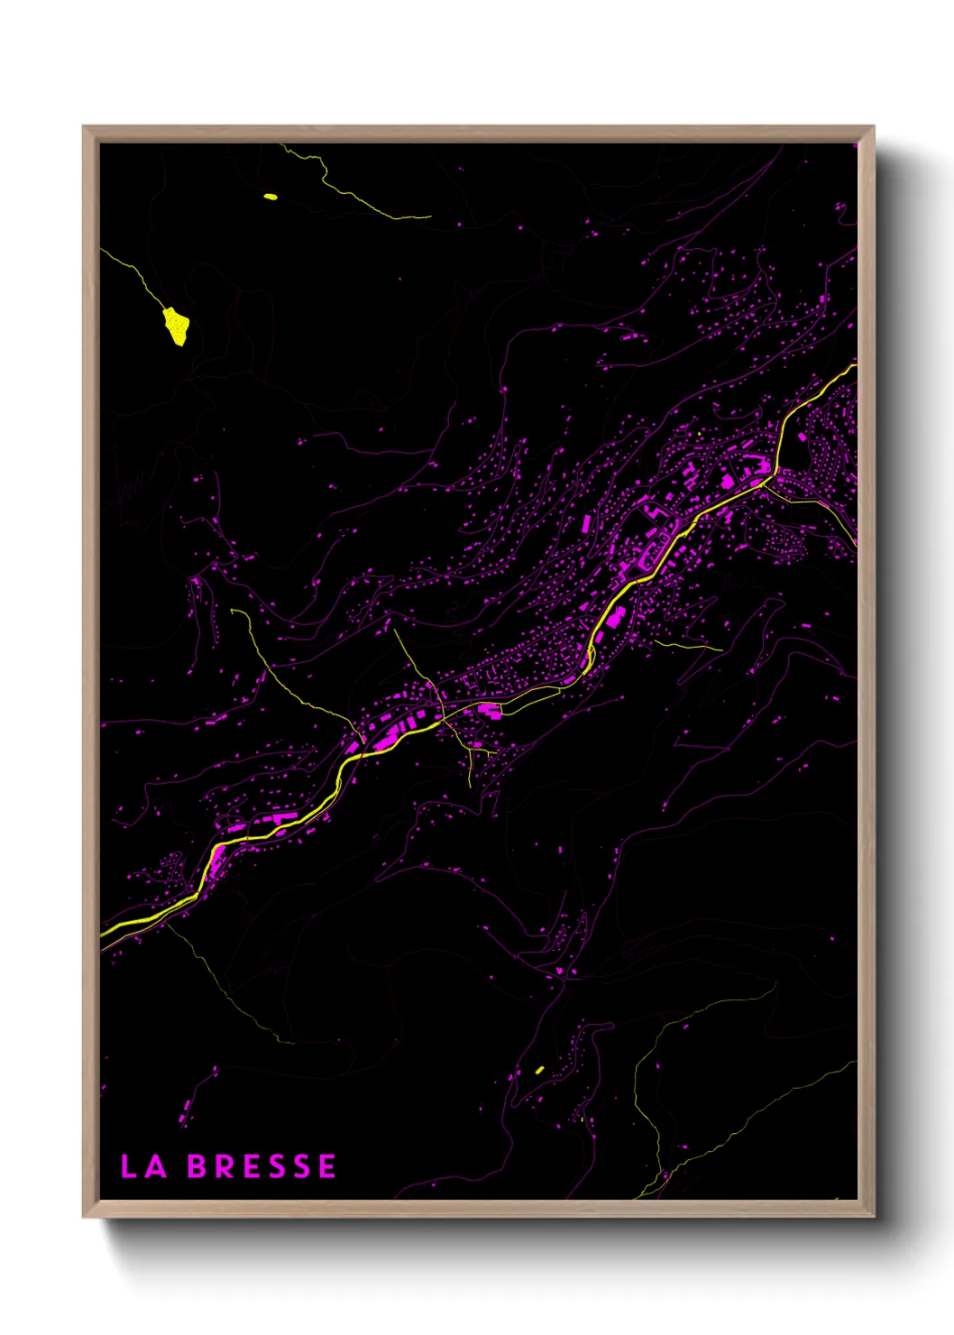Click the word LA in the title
tap(144, 1166)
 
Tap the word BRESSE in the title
tap(261, 1166)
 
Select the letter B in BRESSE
tap(197, 1166)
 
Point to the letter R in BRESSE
tap(225, 1166)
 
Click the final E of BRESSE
tap(327, 1166)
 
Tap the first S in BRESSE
tap(277, 1166)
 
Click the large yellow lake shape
tap(176, 327)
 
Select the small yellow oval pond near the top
tap(270, 196)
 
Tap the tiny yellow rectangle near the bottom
tap(539, 1070)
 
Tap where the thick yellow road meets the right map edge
tap(855, 366)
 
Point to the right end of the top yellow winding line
tap(429, 216)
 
